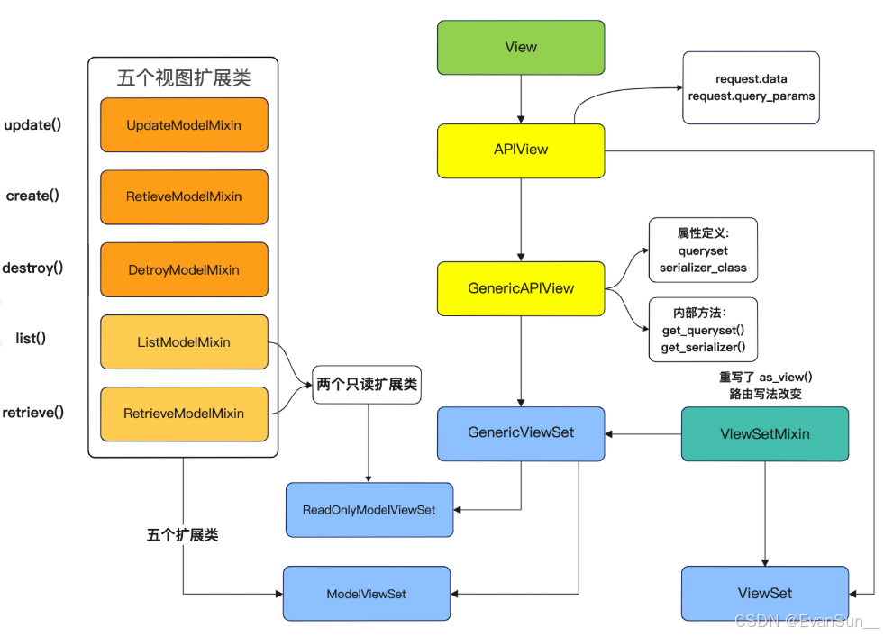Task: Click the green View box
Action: pyautogui.click(x=521, y=48)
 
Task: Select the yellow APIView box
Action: pyautogui.click(x=521, y=150)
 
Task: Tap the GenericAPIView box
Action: pyautogui.click(x=521, y=288)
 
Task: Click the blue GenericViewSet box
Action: pyautogui.click(x=521, y=433)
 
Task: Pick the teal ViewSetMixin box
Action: pyautogui.click(x=764, y=433)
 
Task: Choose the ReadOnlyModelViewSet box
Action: pyautogui.click(x=369, y=510)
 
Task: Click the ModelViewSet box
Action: pyautogui.click(x=366, y=594)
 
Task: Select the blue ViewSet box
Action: pyautogui.click(x=764, y=594)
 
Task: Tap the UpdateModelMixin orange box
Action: pyautogui.click(x=184, y=125)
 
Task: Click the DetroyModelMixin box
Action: pyautogui.click(x=184, y=269)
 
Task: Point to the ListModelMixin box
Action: pyautogui.click(x=184, y=342)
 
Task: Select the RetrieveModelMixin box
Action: pyautogui.click(x=184, y=414)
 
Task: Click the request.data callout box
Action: pyautogui.click(x=751, y=87)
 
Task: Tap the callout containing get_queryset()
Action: pyautogui.click(x=703, y=330)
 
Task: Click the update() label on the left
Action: pyautogui.click(x=32, y=124)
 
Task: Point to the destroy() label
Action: pyautogui.click(x=32, y=268)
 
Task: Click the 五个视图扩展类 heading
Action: pyautogui.click(x=183, y=77)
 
